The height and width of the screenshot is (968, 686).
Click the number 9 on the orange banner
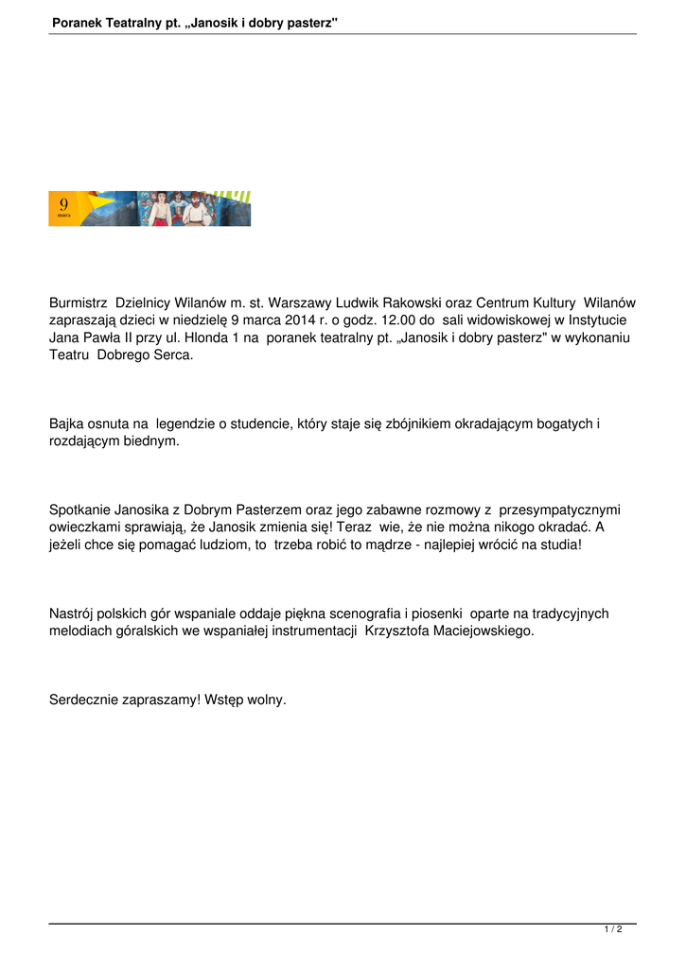point(62,204)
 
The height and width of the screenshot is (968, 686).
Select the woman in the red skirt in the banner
point(159,209)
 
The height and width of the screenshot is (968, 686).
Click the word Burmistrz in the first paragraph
point(78,303)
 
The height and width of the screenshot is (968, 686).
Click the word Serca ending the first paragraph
point(173,354)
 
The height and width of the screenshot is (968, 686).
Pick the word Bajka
point(67,424)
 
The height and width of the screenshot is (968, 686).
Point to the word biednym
point(150,441)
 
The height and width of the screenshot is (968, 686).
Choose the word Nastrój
point(74,614)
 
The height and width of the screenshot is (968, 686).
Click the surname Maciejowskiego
point(475,631)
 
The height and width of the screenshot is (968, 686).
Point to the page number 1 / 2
point(613,930)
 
